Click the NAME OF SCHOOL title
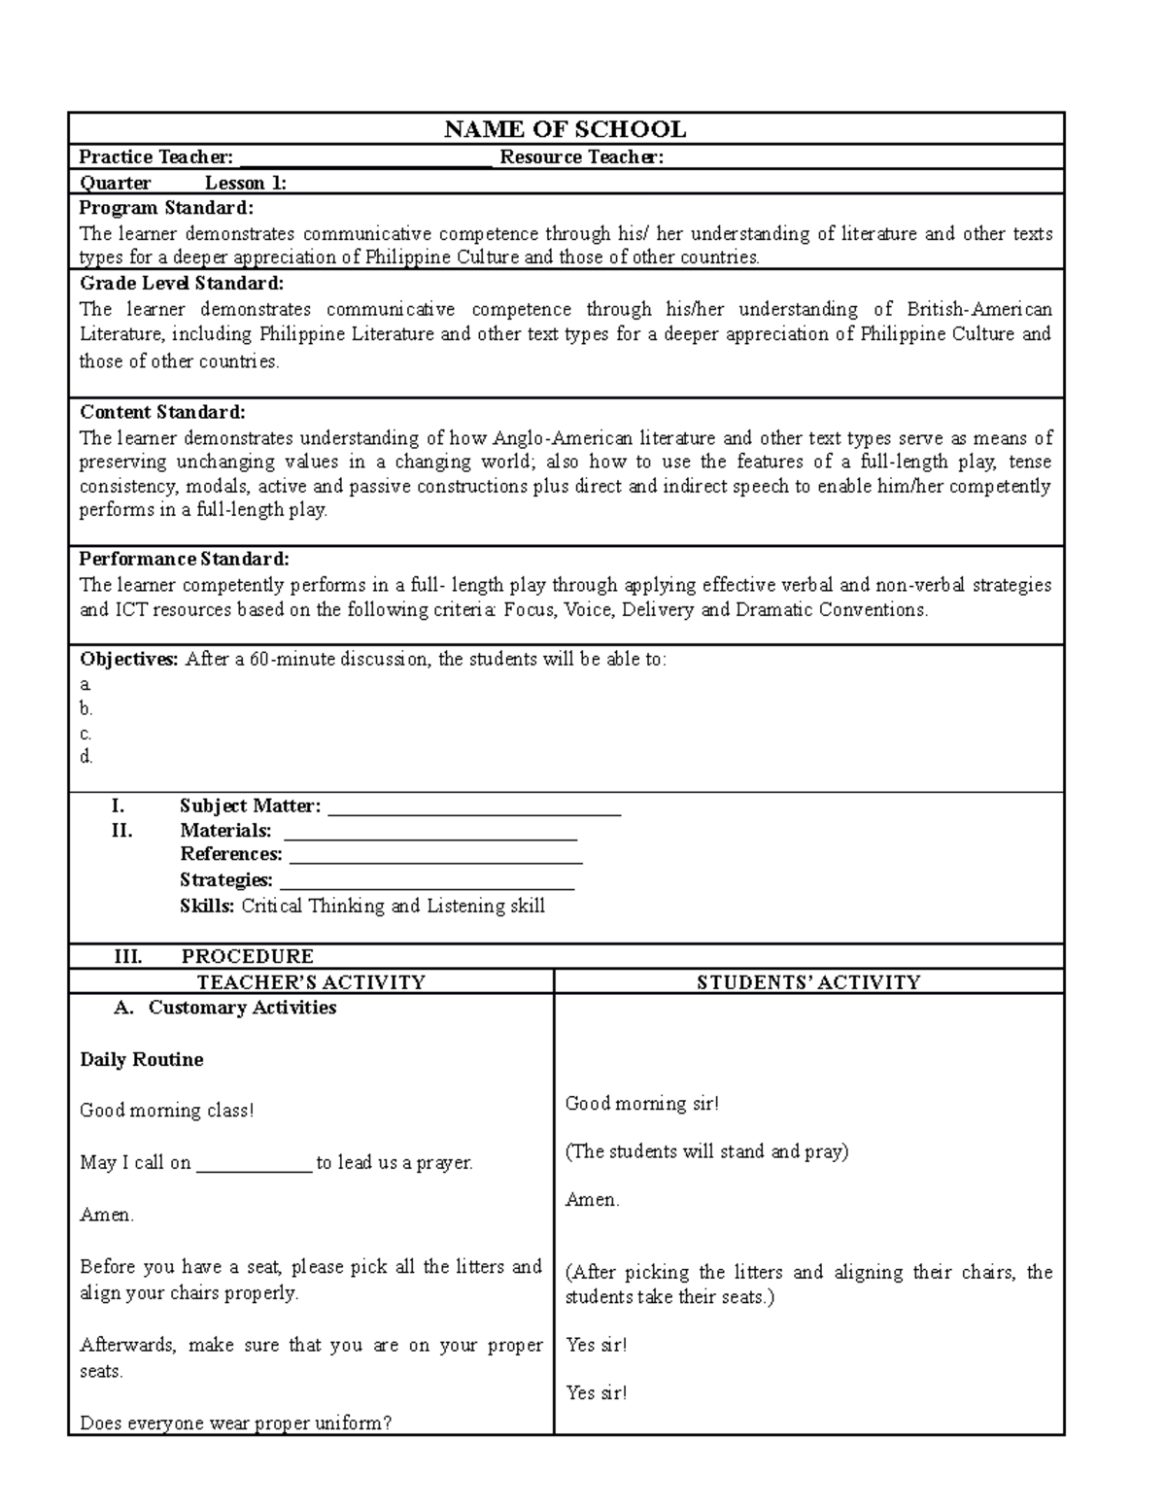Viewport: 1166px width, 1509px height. coord(565,129)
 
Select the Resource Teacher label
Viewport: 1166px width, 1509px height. coord(581,157)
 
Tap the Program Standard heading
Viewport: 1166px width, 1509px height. coord(165,208)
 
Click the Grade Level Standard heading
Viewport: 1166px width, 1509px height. coord(181,284)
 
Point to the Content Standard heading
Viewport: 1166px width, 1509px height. coord(162,412)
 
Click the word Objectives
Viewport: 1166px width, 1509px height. coord(128,659)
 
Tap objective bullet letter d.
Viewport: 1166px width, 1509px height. coord(86,757)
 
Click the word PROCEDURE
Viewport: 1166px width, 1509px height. coord(247,956)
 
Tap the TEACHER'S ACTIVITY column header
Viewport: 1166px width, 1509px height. coord(311,982)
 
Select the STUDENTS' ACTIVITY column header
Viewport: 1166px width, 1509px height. coord(808,982)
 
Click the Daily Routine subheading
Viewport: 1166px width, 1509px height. coord(142,1059)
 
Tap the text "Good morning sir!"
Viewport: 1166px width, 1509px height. coord(641,1103)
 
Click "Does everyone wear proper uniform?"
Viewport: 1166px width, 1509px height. coord(235,1423)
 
